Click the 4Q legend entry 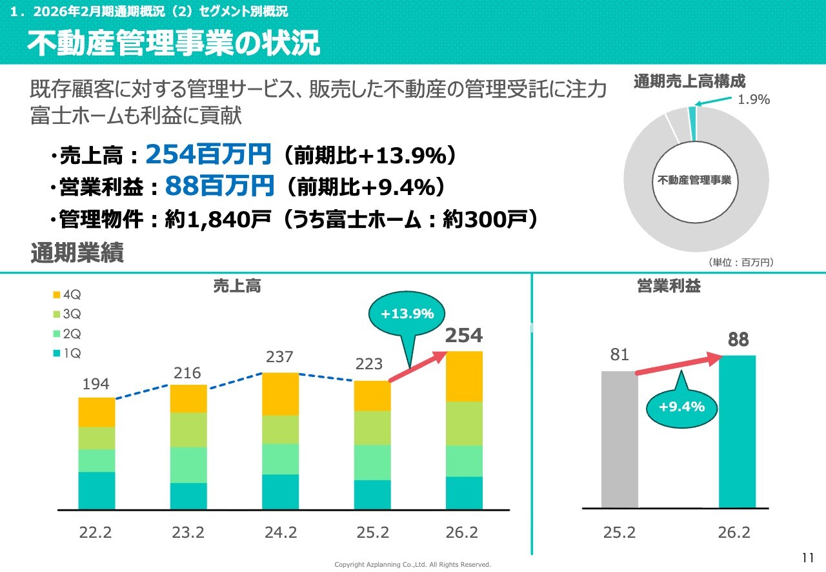click(x=66, y=295)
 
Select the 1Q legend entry click(x=66, y=353)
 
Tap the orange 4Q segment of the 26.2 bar click(x=464, y=376)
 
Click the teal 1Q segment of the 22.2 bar click(x=97, y=490)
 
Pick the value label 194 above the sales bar click(x=96, y=384)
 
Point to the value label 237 click(x=280, y=357)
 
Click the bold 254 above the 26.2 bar click(x=464, y=336)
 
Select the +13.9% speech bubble click(x=407, y=314)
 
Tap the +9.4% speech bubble click(x=681, y=407)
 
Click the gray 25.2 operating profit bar click(x=619, y=439)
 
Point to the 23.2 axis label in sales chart click(x=188, y=533)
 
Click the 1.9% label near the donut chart click(x=754, y=99)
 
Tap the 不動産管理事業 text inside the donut click(x=694, y=180)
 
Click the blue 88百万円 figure click(x=219, y=187)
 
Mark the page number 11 click(x=807, y=558)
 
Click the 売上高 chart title click(x=237, y=286)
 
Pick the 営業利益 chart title click(x=669, y=286)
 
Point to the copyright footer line click(x=412, y=564)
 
